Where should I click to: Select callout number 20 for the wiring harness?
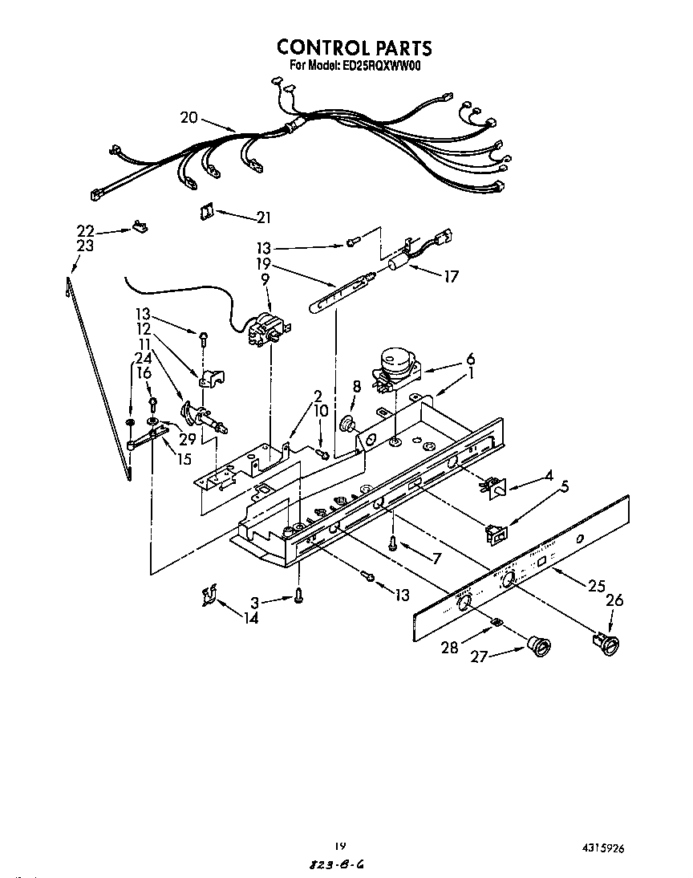coord(189,117)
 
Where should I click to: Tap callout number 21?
coord(262,217)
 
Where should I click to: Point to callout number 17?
coord(451,276)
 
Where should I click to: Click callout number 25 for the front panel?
coord(595,586)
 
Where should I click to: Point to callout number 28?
coord(450,647)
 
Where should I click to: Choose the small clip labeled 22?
coord(140,228)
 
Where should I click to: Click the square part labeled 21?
coord(206,210)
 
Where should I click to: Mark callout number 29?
coord(187,439)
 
